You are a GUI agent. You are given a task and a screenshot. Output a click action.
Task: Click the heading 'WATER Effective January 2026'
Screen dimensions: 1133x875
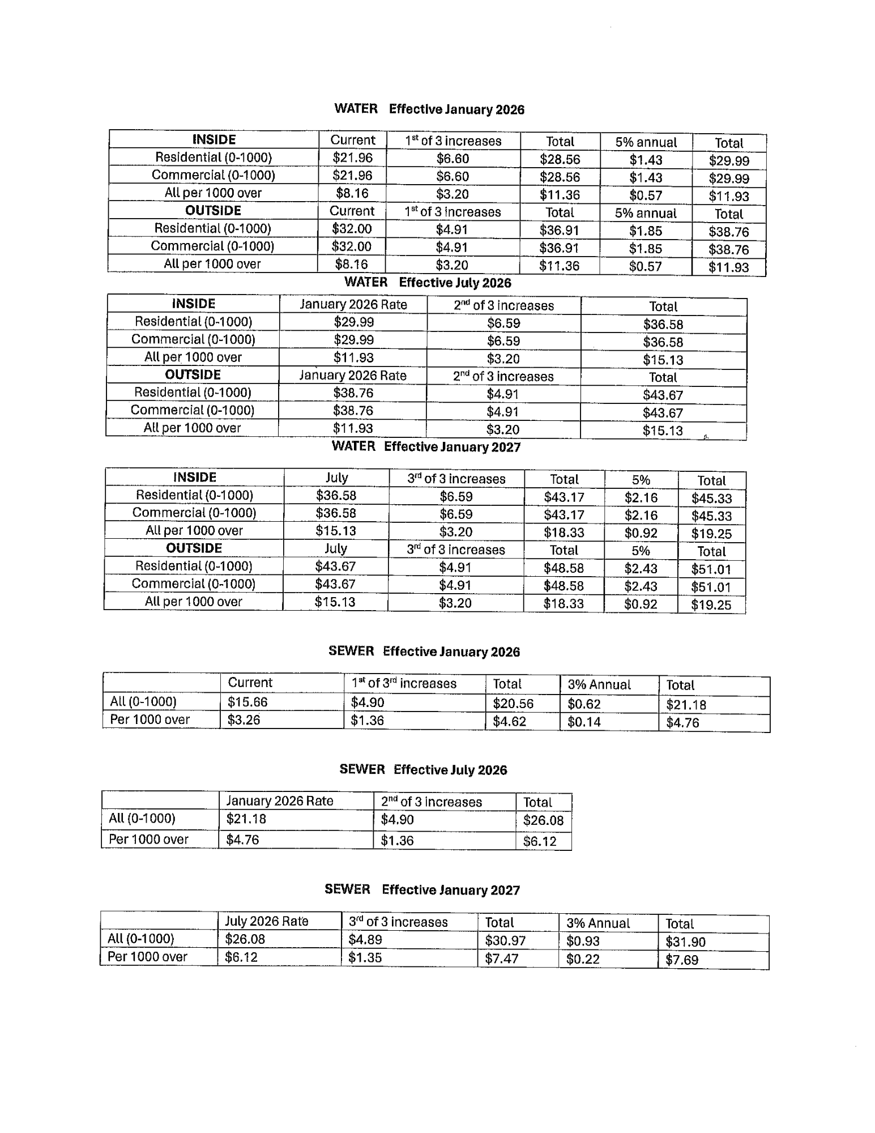tap(429, 109)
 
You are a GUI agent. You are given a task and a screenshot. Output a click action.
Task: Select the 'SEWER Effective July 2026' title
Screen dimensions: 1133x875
tap(423, 769)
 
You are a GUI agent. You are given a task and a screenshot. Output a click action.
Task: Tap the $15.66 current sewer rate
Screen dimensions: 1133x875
tap(247, 702)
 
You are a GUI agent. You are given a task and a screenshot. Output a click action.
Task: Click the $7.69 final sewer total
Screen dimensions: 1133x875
tap(682, 960)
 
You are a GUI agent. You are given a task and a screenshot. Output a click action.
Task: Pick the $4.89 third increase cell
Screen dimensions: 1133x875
tap(365, 939)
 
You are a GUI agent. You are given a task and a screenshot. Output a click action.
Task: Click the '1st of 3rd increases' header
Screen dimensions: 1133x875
tap(404, 683)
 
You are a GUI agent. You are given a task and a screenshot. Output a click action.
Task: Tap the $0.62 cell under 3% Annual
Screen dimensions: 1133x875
tap(584, 704)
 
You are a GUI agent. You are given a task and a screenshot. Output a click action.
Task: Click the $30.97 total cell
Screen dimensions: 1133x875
tap(505, 940)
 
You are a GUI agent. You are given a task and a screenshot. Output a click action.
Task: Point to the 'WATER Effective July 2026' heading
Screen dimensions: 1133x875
tap(428, 282)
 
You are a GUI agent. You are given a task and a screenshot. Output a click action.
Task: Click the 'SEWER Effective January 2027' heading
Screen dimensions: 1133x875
tap(422, 889)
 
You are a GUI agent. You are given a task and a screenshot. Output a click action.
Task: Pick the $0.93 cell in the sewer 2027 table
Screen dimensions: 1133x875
tap(583, 941)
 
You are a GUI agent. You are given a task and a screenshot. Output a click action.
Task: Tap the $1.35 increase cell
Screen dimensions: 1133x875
tap(365, 957)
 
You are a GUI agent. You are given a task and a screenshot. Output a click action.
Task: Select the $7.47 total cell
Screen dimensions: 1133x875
tap(502, 959)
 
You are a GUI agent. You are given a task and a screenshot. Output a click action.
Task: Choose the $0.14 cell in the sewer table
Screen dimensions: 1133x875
tap(584, 722)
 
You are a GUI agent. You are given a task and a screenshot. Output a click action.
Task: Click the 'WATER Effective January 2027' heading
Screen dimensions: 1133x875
tap(425, 446)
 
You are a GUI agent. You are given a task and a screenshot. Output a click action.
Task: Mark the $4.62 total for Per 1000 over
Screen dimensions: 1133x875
tap(509, 721)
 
